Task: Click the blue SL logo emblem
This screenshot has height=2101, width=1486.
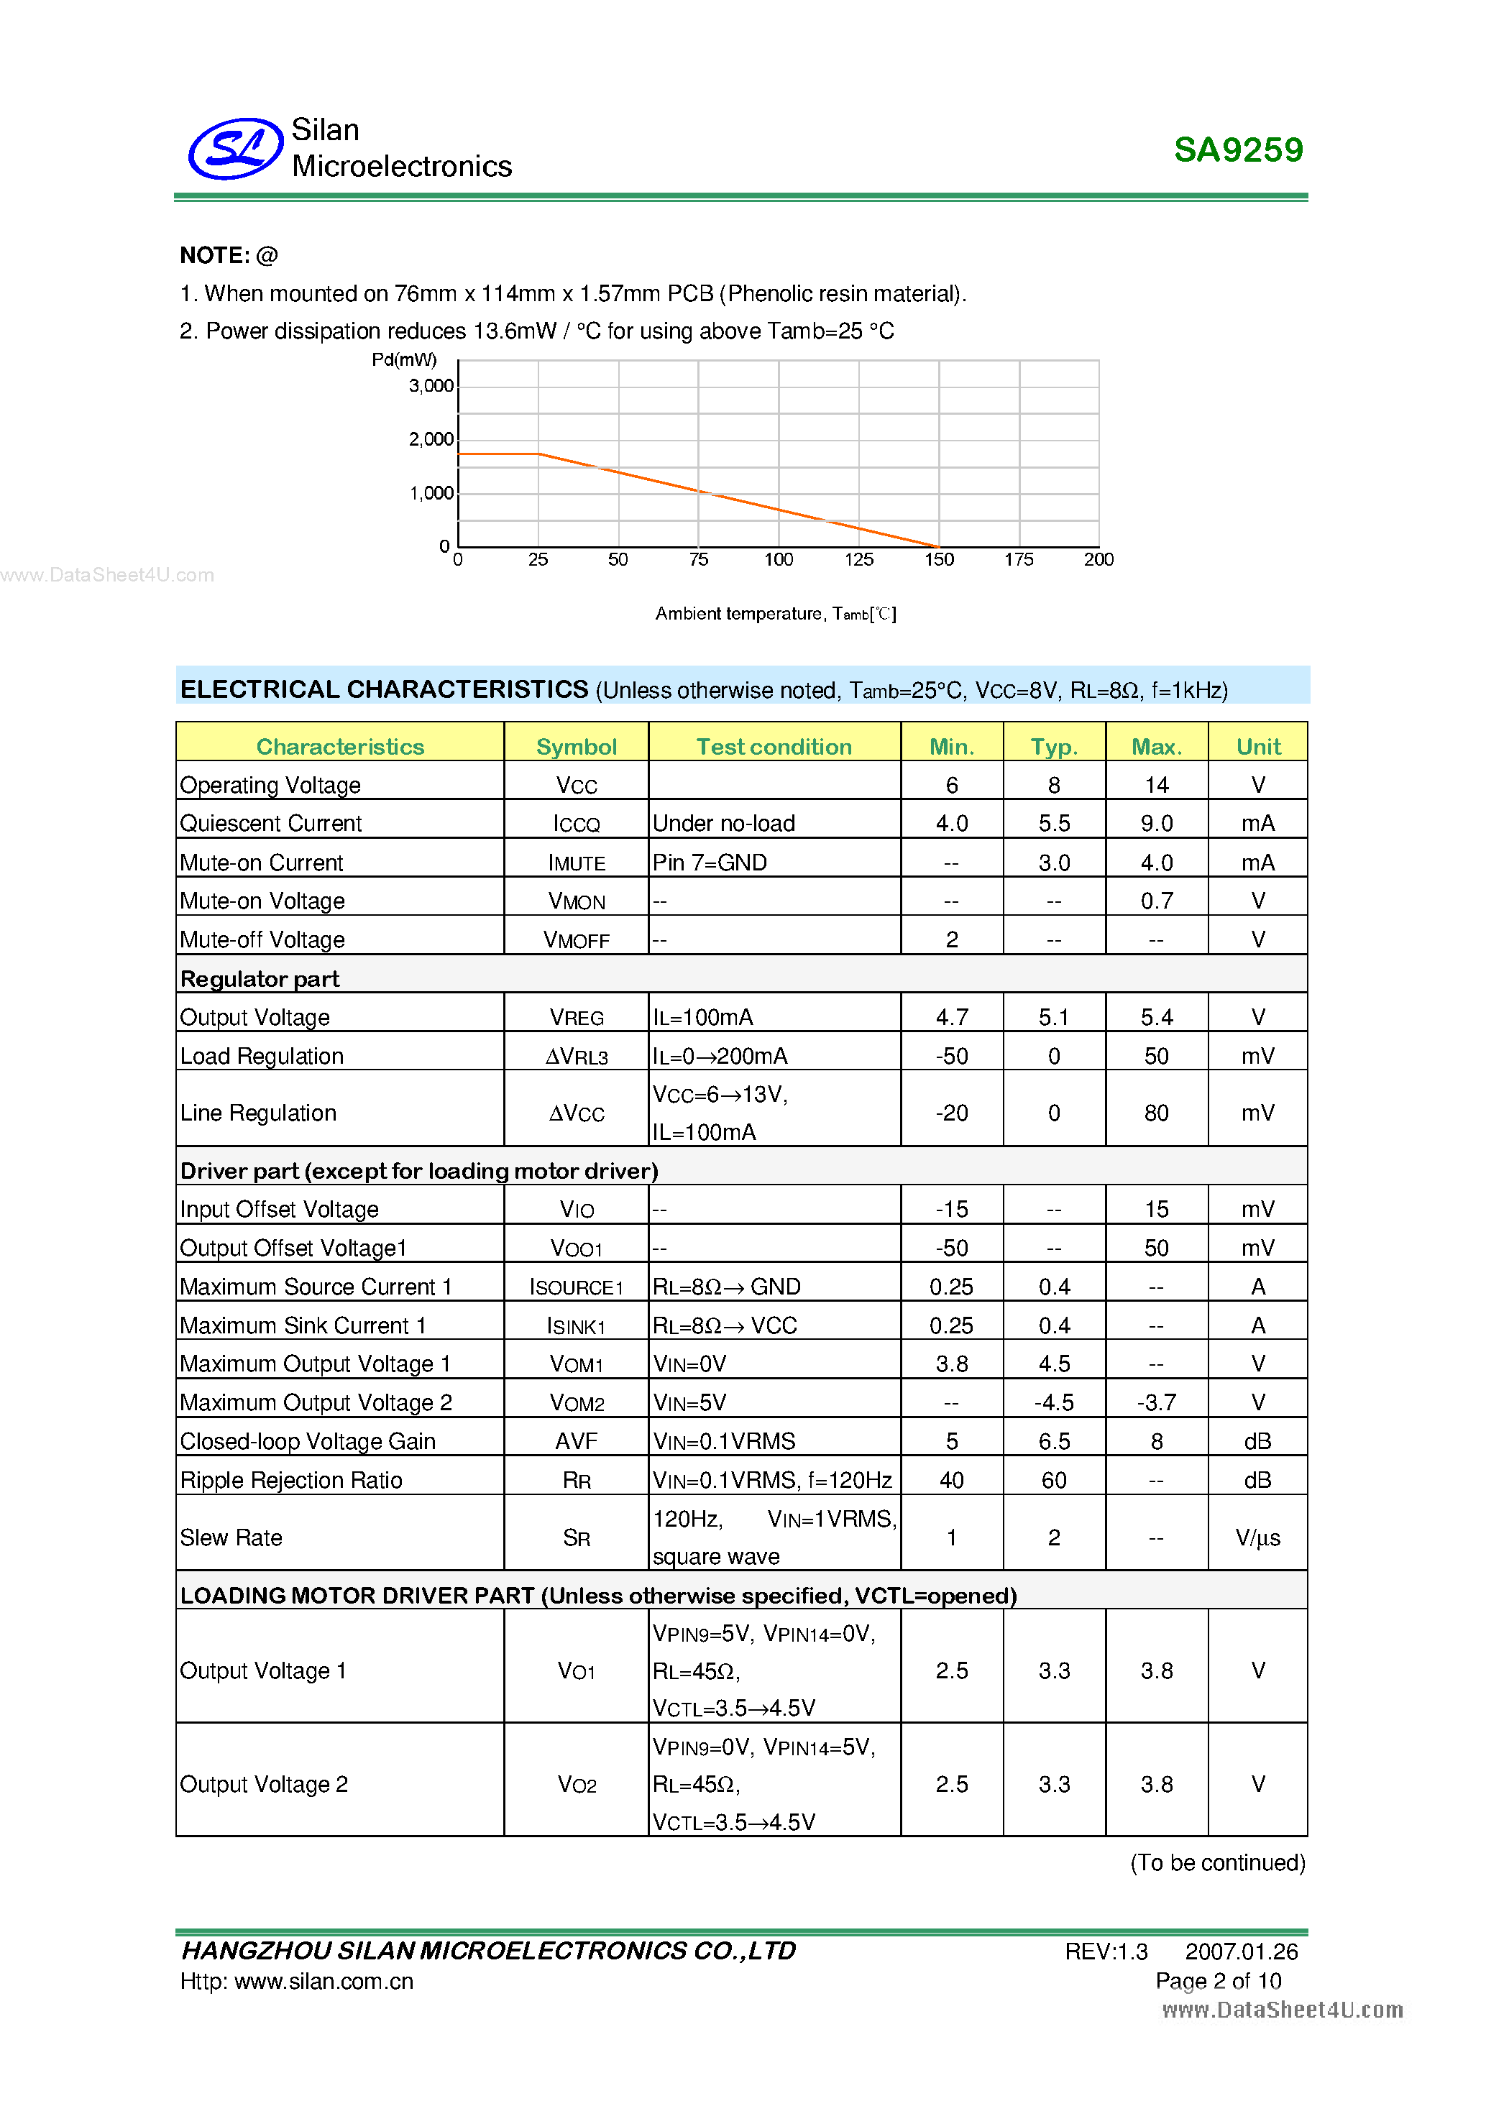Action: tap(235, 148)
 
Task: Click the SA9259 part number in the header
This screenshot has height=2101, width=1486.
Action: tap(1237, 150)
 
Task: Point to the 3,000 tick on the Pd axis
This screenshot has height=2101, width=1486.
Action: tap(431, 386)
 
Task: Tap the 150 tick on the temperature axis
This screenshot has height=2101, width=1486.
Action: tap(939, 559)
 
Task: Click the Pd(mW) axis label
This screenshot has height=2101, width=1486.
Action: tap(403, 359)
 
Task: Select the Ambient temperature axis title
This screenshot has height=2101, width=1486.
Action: tap(775, 613)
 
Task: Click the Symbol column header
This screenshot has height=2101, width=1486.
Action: tap(577, 747)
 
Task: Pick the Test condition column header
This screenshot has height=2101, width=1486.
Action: tap(774, 747)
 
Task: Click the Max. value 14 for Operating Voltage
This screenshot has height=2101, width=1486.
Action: tap(1156, 785)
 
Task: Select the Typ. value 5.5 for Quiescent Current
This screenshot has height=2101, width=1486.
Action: tap(1053, 824)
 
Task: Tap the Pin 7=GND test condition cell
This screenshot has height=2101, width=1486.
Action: tap(710, 862)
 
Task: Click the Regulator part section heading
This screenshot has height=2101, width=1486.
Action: tap(260, 979)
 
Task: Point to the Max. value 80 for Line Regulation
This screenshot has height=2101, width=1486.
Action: tap(1156, 1113)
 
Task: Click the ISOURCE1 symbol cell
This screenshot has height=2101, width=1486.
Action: tap(577, 1287)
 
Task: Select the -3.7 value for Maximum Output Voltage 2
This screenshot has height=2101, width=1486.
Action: tap(1156, 1402)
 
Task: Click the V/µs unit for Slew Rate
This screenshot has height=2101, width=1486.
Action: tap(1257, 1537)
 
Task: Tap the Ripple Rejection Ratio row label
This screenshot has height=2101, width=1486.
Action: tap(291, 1480)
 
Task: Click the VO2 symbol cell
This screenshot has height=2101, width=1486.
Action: tap(577, 1785)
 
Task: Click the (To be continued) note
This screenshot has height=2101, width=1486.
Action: tap(1217, 1862)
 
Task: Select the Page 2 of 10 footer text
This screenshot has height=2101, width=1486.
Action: tap(1218, 1980)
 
